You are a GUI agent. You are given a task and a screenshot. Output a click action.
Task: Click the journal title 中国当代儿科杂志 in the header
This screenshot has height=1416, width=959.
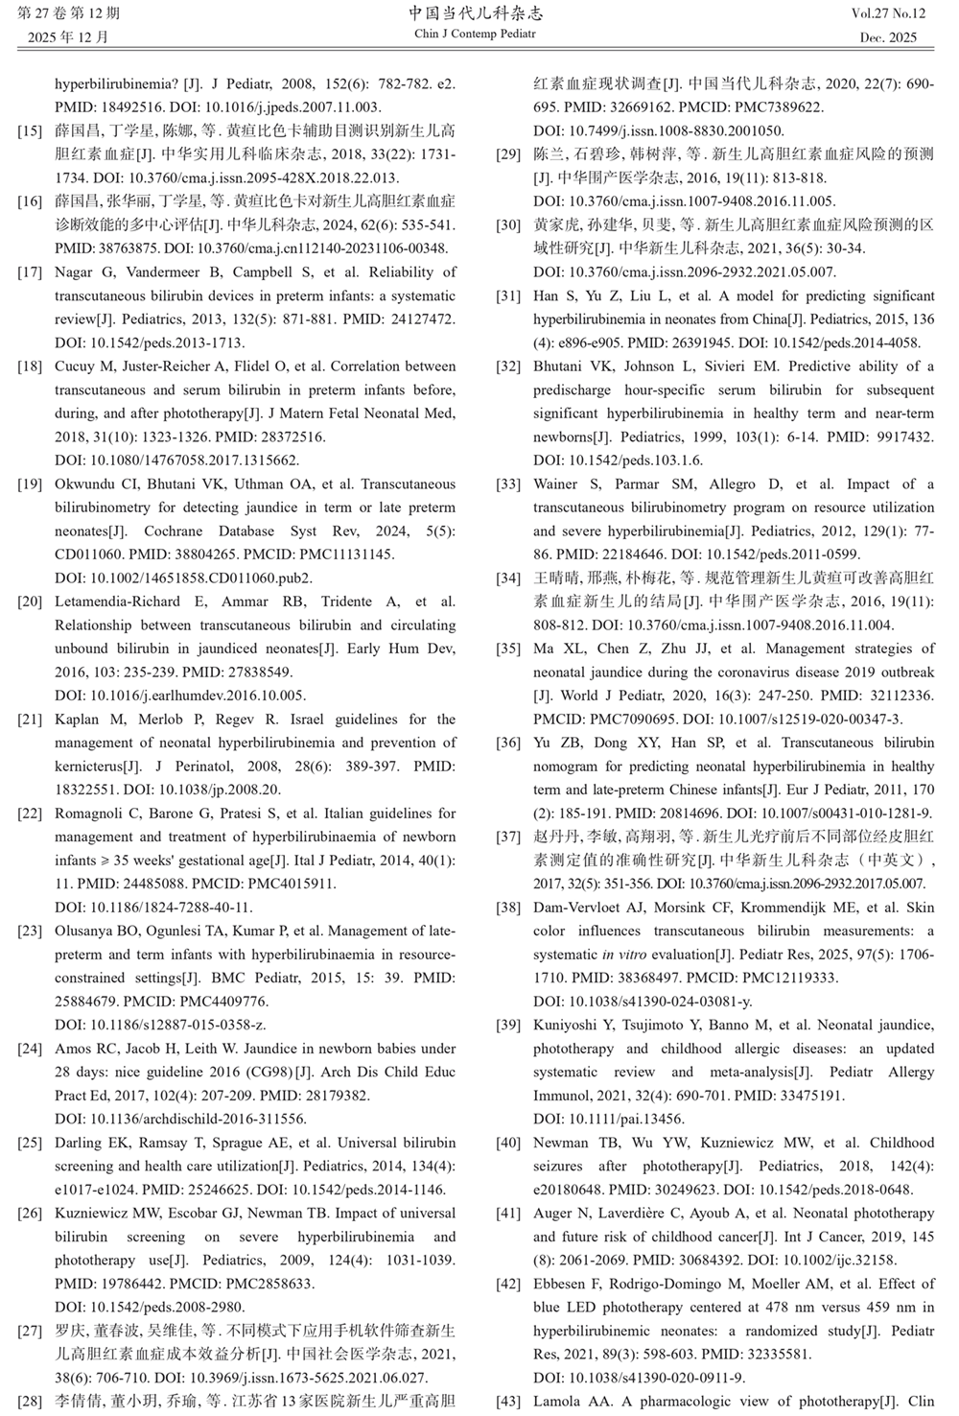point(475,13)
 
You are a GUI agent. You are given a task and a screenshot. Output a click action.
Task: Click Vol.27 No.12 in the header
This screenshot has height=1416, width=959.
point(888,13)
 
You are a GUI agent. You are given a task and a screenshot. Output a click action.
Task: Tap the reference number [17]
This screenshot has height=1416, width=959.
point(30,272)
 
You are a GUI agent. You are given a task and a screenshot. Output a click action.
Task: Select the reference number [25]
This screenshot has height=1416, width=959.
point(30,1144)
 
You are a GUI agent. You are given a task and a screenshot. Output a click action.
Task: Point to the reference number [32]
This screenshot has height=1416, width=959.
point(508,366)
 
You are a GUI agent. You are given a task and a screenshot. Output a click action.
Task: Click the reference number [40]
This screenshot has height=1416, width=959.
point(508,1144)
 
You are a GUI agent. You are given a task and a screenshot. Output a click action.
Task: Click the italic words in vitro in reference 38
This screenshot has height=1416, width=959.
point(622,955)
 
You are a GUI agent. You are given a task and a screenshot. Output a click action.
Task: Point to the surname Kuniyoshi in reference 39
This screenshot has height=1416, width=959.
point(566,1026)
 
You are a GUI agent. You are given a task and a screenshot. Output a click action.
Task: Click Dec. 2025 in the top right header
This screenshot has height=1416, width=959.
point(888,38)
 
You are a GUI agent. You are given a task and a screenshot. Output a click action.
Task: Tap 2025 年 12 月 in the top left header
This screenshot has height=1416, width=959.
point(68,38)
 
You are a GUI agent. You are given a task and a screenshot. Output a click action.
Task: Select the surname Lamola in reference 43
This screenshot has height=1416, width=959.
point(559,1402)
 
